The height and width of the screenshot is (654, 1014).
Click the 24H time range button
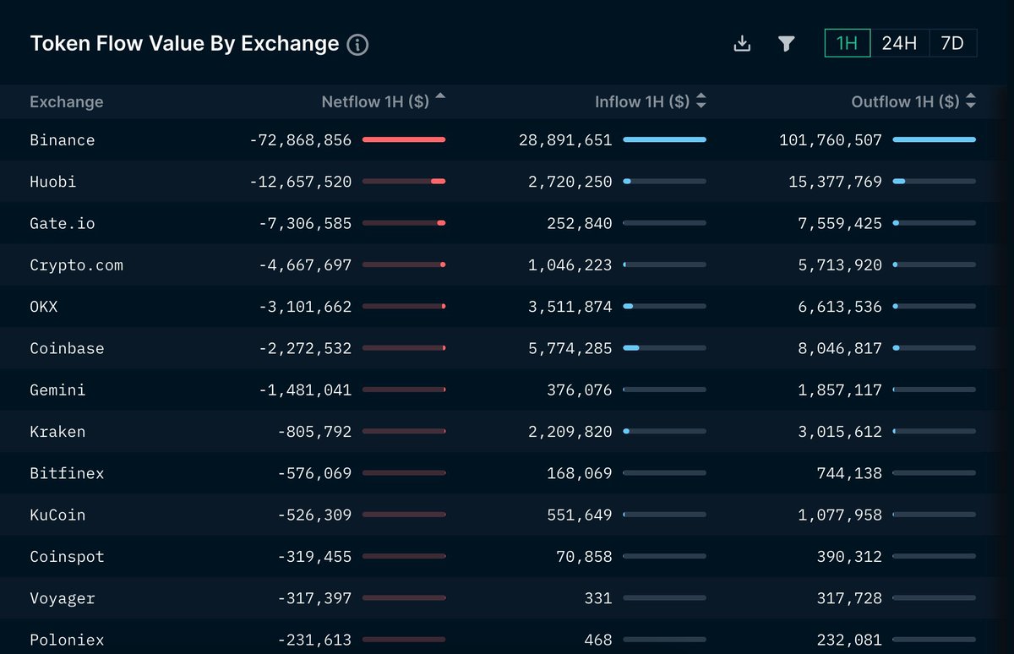899,44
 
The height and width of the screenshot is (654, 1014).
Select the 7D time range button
952,44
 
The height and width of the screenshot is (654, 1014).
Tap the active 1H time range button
847,44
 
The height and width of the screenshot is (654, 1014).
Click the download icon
742,44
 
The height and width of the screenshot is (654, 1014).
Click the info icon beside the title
357,45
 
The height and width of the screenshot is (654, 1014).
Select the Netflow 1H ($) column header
375,101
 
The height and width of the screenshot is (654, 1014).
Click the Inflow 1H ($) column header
642,101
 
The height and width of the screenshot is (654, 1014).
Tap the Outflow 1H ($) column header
905,101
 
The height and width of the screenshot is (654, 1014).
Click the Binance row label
63,140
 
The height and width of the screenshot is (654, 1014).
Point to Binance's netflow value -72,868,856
301,140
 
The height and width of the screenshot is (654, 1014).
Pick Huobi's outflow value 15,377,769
831,182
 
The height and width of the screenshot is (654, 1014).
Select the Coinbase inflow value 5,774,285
570,348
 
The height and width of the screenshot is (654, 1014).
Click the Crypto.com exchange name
76,265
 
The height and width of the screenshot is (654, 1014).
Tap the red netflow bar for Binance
404,139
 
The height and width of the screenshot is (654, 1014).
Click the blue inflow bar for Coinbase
631,348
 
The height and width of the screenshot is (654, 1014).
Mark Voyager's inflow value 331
597,598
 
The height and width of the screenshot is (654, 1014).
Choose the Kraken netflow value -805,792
314,432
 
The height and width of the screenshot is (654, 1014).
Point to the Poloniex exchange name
67,640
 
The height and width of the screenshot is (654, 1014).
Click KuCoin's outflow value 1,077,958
840,515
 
